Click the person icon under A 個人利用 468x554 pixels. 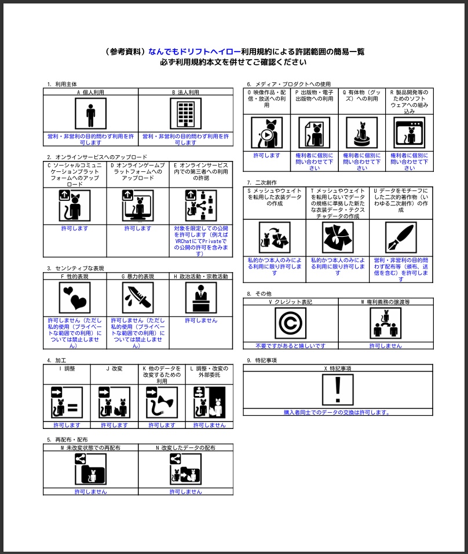point(90,113)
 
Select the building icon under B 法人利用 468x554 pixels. point(185,113)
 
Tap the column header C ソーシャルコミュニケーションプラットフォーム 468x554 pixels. point(75,174)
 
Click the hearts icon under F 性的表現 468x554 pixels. point(75,298)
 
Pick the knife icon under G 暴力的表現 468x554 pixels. point(138,298)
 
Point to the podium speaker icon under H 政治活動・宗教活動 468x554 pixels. point(201,298)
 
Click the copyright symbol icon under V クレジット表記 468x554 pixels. point(290,323)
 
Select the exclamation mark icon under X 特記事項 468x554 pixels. point(338,390)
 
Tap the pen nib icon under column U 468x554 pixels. point(401,237)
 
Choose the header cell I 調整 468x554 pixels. point(67,368)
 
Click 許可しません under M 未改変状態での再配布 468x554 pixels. point(90,491)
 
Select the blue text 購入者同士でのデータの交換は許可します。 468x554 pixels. point(337,412)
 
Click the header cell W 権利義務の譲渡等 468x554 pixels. point(385,302)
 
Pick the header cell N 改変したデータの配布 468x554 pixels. point(185,447)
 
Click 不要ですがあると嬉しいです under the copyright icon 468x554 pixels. point(290,346)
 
